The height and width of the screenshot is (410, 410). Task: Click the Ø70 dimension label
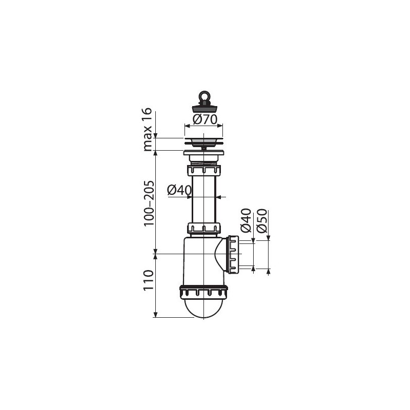205,119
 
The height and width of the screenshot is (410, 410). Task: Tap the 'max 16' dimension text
148,130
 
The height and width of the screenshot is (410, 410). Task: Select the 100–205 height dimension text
149,203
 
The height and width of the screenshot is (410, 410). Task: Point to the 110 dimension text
148,280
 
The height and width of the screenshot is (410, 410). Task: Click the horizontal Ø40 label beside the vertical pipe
179,190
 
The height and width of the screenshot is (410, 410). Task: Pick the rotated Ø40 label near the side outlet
246,220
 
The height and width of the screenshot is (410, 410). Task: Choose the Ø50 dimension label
262,221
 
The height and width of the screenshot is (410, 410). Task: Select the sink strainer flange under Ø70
203,141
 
